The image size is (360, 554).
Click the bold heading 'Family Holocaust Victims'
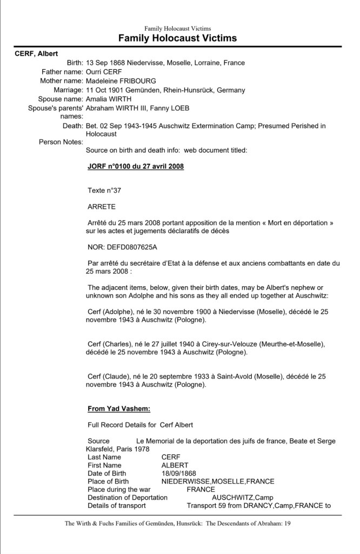tap(177, 38)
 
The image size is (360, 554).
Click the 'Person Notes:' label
tap(61, 142)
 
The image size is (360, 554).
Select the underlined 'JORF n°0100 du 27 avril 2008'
tap(135, 167)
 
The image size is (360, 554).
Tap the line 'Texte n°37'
tap(105, 190)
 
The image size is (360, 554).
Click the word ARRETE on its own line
tap(101, 206)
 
